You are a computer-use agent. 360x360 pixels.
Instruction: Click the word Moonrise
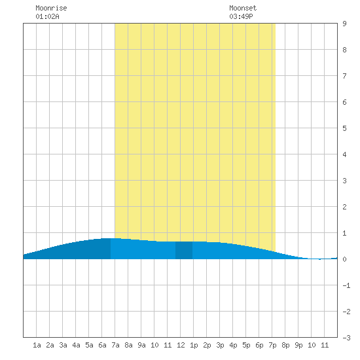[51, 8]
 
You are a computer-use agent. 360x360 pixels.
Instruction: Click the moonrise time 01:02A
[47, 16]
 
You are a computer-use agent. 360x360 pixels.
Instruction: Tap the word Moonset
[243, 8]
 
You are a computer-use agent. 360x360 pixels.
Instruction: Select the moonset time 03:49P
[241, 16]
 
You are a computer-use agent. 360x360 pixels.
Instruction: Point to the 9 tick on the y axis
[344, 24]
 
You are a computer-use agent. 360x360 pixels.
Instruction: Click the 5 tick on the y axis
[344, 128]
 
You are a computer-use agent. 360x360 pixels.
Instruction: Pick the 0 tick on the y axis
[344, 259]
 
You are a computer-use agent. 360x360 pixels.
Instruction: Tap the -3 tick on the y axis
[346, 338]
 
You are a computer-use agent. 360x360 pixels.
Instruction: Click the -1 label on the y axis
[346, 285]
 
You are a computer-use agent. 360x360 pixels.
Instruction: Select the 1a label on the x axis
[37, 345]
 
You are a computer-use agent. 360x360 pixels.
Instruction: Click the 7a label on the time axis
[115, 345]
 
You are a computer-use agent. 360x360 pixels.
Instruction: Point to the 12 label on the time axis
[181, 345]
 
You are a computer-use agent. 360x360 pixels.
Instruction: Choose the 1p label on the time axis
[194, 345]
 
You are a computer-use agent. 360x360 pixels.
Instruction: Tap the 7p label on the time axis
[272, 345]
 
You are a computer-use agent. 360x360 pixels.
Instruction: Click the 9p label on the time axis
[298, 345]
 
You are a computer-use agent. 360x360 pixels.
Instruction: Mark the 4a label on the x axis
[76, 345]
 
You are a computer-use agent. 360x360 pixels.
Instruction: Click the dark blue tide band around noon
[184, 250]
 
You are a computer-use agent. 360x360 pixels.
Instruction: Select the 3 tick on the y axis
[344, 181]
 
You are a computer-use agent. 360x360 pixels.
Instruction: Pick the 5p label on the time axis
[246, 345]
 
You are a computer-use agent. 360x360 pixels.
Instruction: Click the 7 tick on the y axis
[344, 76]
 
